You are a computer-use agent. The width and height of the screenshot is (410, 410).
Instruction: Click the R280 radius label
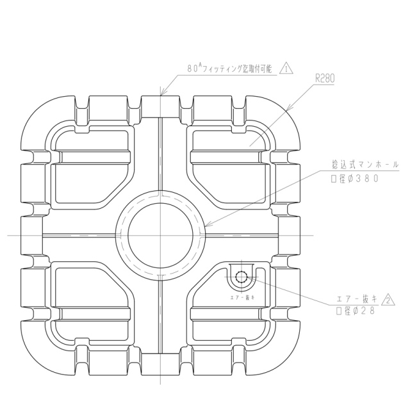(325, 78)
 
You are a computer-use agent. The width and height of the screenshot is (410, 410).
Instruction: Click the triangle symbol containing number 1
(286, 69)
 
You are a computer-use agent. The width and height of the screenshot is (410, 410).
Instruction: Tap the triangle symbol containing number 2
(388, 300)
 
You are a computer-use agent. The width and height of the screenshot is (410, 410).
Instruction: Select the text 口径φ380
(354, 179)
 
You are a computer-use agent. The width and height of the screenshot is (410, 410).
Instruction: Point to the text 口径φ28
(356, 311)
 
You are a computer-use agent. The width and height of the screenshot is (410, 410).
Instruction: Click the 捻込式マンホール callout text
(365, 165)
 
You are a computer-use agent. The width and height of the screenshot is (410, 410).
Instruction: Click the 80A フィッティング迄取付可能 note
(229, 69)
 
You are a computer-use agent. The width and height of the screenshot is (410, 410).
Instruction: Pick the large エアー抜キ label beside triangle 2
(357, 299)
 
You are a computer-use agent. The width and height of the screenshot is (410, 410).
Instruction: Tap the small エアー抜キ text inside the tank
(242, 297)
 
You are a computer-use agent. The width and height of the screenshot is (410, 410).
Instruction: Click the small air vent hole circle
(242, 276)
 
